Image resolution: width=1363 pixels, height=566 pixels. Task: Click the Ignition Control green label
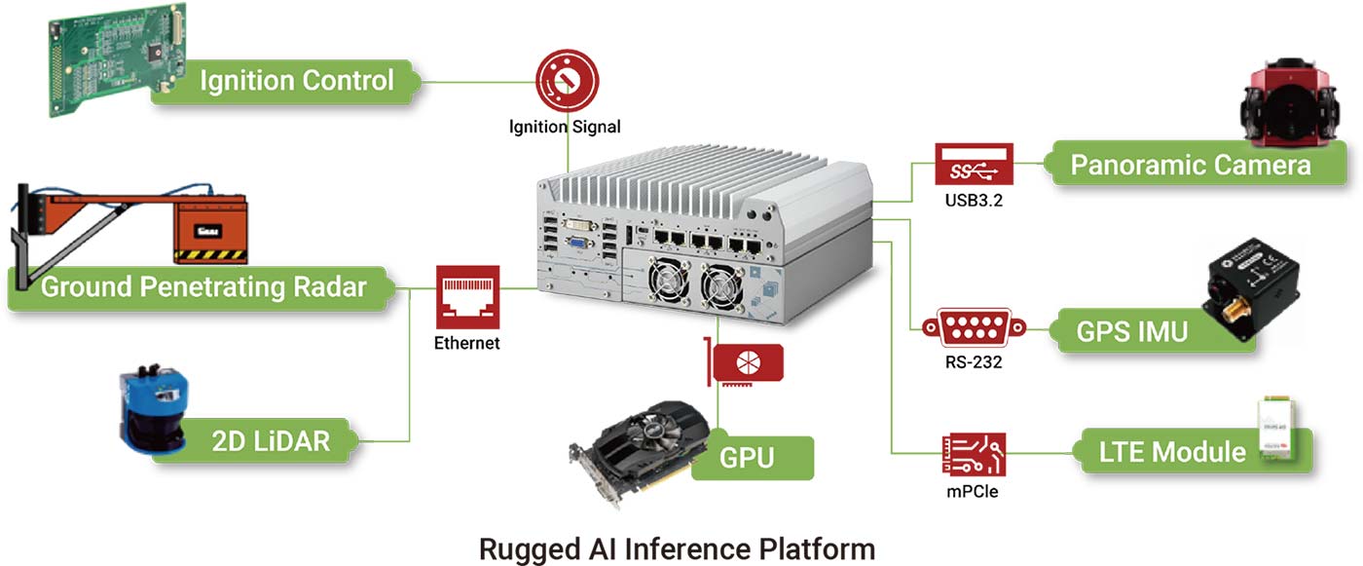pos(296,80)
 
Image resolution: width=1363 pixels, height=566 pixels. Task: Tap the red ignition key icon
pos(565,84)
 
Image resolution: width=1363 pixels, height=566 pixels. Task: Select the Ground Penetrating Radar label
pos(203,287)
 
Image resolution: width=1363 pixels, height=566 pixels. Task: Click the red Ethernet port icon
pos(466,297)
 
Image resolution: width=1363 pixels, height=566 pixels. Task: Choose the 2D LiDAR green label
pos(270,440)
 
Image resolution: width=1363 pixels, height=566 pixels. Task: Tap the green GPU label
pos(748,457)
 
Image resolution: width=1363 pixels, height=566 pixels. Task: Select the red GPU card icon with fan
pos(748,363)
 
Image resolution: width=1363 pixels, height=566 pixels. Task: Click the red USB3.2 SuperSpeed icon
pos(974,168)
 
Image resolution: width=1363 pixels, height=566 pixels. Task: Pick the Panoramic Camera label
pos(1190,165)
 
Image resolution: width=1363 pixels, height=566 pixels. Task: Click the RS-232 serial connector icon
pos(974,328)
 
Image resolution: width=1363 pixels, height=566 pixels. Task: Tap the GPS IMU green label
pos(1131,331)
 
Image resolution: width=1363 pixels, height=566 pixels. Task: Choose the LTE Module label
pos(1171,451)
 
